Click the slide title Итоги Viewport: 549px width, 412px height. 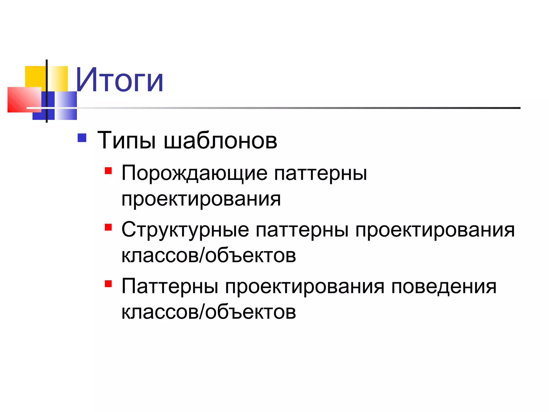pyautogui.click(x=120, y=80)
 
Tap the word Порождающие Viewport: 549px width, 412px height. pyautogui.click(x=194, y=173)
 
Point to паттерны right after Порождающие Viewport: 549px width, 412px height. pyautogui.click(x=321, y=173)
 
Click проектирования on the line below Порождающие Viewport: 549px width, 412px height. pyautogui.click(x=201, y=199)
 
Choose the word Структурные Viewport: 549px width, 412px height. pyautogui.click(x=185, y=230)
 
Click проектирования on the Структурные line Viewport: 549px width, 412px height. pyautogui.click(x=435, y=230)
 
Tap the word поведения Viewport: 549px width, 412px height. pyautogui.click(x=444, y=286)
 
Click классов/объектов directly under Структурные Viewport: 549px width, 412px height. pyautogui.click(x=209, y=255)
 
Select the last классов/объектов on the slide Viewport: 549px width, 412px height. pyautogui.click(x=209, y=312)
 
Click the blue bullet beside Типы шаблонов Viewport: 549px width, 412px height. pyautogui.click(x=82, y=138)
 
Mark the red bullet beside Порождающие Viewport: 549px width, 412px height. pyautogui.click(x=108, y=171)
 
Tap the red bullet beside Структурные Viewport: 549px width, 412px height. pyautogui.click(x=108, y=227)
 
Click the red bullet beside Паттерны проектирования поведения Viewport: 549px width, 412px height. pyautogui.click(x=108, y=284)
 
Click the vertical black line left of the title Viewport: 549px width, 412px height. pyautogui.click(x=47, y=91)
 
